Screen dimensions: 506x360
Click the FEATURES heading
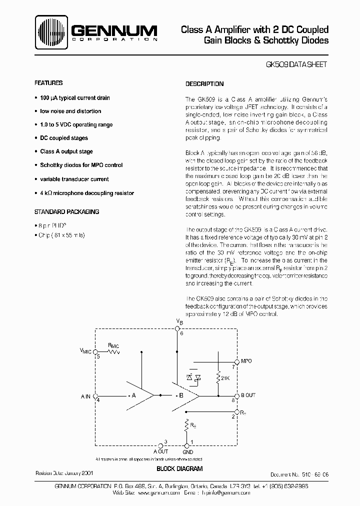point(48,83)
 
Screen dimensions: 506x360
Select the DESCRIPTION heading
point(204,84)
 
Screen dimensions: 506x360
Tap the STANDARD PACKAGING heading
point(66,211)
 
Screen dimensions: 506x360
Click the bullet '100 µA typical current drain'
point(75,98)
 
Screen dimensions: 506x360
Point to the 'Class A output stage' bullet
point(66,151)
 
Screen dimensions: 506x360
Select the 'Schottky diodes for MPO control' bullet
point(81,165)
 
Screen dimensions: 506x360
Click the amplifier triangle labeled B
point(182,395)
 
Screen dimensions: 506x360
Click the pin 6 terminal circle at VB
point(177,328)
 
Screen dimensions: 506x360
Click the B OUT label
point(248,395)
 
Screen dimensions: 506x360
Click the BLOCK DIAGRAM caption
point(179,468)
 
